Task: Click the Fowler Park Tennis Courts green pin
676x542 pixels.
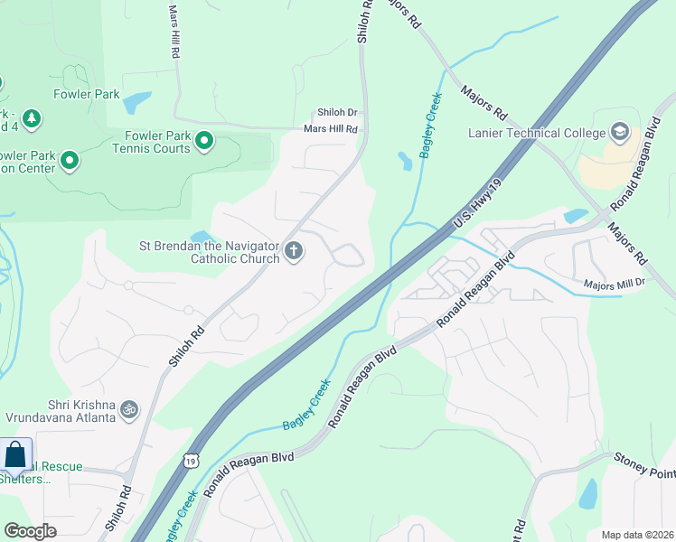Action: coord(205,141)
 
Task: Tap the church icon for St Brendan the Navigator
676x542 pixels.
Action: coord(293,251)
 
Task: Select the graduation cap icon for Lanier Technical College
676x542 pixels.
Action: coord(620,133)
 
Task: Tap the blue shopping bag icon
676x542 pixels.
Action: coord(15,455)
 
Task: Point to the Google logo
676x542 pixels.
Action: coord(30,531)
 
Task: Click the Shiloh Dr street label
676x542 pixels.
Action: coord(336,114)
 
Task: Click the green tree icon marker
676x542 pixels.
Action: coord(32,118)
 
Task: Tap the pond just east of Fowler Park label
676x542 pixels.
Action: coord(136,102)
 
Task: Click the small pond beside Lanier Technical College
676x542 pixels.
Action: coord(575,216)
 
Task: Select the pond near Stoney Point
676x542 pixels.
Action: coord(587,493)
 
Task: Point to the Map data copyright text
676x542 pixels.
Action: coord(636,534)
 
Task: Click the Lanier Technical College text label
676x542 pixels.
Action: coord(537,134)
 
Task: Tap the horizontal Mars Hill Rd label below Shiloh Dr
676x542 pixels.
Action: coord(331,129)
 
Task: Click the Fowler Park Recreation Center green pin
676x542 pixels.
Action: coord(69,162)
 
